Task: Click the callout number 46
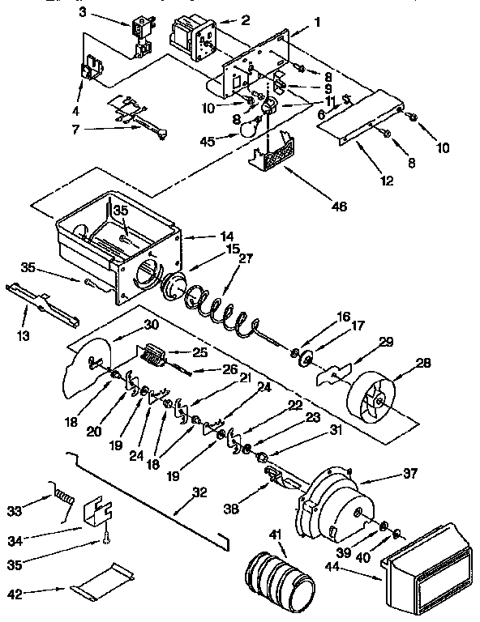[x=339, y=207]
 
